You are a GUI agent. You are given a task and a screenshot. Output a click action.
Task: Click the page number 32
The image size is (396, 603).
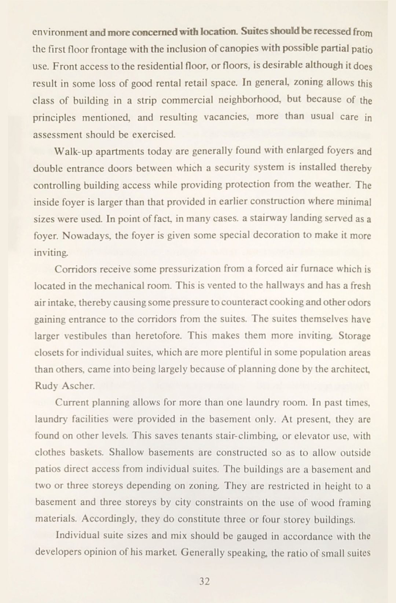204,581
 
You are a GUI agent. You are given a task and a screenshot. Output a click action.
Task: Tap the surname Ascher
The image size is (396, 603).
78,386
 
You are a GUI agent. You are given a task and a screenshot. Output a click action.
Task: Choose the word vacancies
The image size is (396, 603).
227,117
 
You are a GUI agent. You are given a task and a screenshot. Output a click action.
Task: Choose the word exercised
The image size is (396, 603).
153,134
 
